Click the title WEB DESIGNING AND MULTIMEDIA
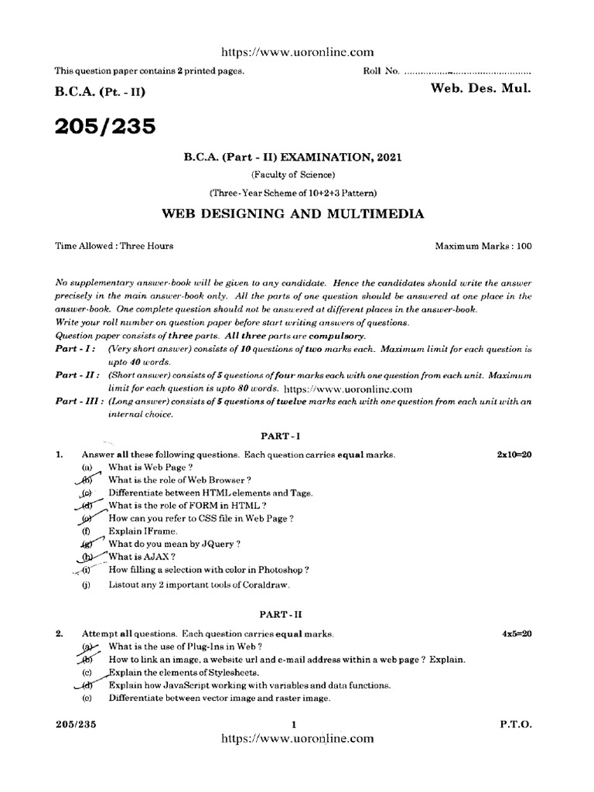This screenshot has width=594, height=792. (292, 213)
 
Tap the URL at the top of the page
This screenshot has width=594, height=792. (297, 52)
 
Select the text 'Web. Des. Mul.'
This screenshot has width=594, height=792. (480, 90)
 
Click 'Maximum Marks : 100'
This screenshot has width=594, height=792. (483, 246)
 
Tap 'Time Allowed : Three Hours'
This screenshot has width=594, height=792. (114, 246)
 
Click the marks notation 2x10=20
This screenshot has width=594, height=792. (514, 455)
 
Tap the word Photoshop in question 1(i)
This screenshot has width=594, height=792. (278, 569)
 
